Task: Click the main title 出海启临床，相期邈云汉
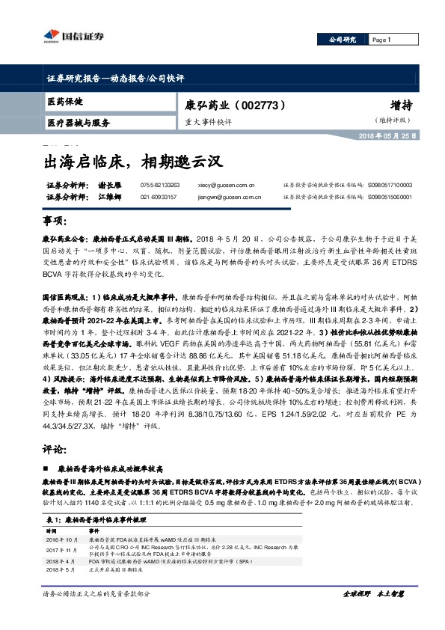(x=129, y=159)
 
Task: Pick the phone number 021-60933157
(x=158, y=198)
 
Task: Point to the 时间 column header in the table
(x=52, y=528)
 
